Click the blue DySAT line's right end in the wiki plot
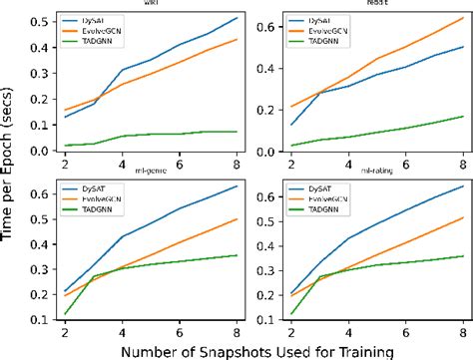click(236, 18)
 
